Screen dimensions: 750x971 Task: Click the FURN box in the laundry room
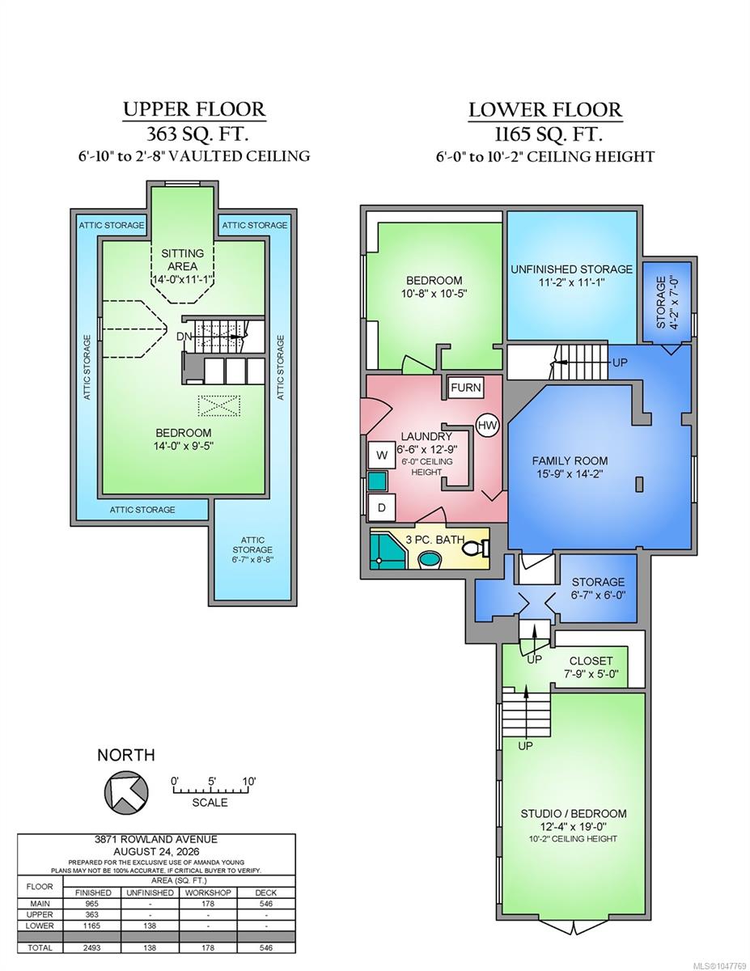465,388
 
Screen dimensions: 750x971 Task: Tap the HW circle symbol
487,426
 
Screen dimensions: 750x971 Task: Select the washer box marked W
382,456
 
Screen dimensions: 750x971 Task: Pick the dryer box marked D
382,507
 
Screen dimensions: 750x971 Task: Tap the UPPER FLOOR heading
194,109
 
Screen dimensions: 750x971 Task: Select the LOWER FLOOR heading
545,110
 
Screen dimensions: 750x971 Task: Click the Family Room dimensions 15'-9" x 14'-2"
570,473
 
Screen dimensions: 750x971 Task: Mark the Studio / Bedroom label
574,814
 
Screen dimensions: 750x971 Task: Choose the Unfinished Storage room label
571,269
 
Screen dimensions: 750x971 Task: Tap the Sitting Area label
182,260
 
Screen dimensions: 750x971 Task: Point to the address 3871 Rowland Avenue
156,839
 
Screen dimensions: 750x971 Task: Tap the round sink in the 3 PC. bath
430,559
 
